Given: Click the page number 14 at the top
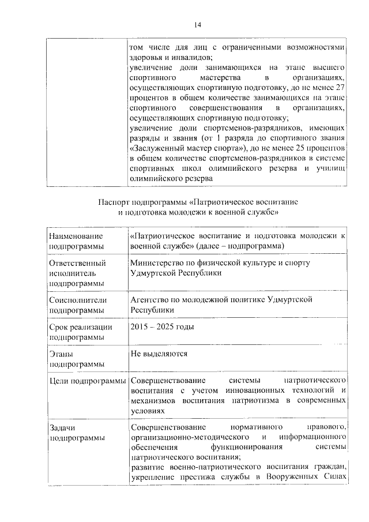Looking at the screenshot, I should (197, 24).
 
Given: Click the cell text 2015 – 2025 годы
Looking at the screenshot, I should (162, 326).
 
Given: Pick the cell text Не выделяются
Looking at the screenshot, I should (159, 353).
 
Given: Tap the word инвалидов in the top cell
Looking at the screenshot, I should (191, 57).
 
